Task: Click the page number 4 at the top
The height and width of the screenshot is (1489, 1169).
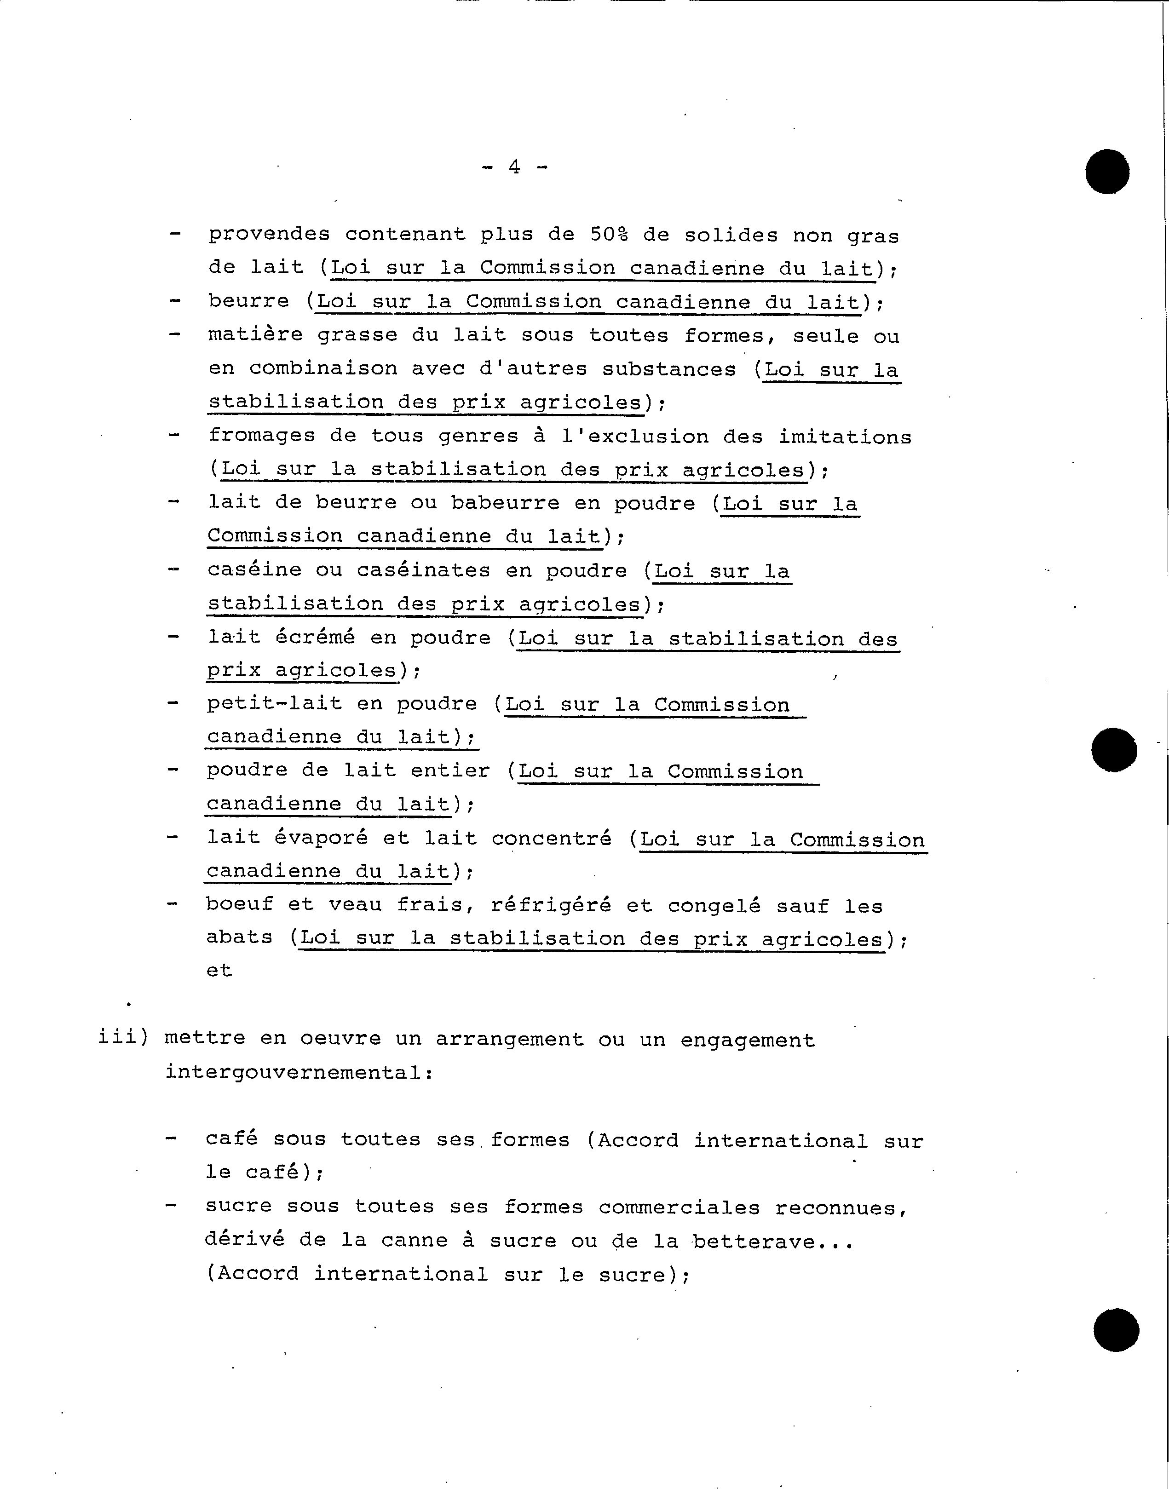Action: click(514, 167)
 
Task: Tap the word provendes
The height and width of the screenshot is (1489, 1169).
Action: click(269, 235)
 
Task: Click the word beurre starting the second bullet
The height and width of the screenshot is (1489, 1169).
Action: click(248, 302)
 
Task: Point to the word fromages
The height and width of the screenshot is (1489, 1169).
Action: click(262, 436)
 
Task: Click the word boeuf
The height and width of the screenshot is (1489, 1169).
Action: click(240, 905)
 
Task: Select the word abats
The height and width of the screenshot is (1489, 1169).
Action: click(240, 937)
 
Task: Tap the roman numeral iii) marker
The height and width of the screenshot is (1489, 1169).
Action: click(123, 1038)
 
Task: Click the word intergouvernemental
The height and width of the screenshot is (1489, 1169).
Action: click(299, 1072)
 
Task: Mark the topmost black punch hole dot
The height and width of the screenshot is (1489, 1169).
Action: click(1107, 171)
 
